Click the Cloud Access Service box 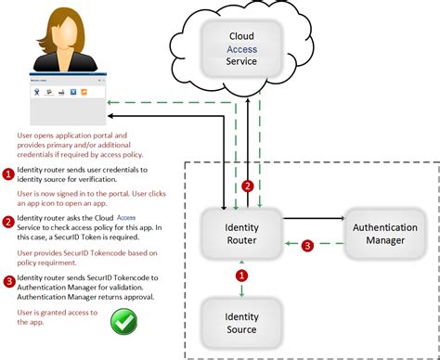tap(241, 49)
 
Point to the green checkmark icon tap(123, 323)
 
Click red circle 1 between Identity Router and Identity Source tap(242, 275)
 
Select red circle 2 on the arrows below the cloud tap(247, 186)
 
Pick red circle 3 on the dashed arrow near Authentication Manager tap(309, 247)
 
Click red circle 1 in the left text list tap(8, 174)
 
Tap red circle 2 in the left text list tap(8, 222)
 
